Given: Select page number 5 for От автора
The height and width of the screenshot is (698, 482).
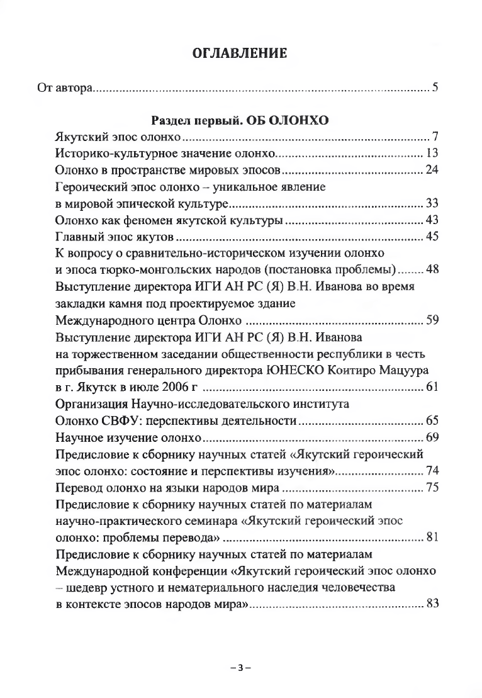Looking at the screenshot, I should click(434, 86).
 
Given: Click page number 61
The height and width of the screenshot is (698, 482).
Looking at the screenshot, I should click(431, 386).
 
